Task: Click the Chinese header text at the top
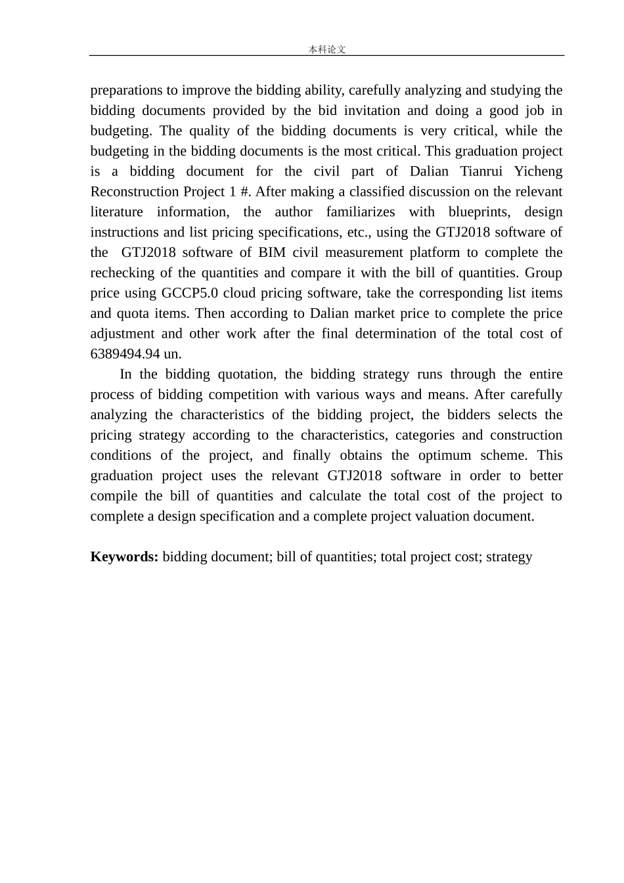327,49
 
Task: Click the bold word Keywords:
124,556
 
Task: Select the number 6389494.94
125,353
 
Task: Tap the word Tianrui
483,171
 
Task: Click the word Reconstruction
135,192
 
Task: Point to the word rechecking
122,273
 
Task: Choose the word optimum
445,455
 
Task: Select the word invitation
371,110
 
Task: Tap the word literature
116,212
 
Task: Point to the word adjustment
123,334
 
